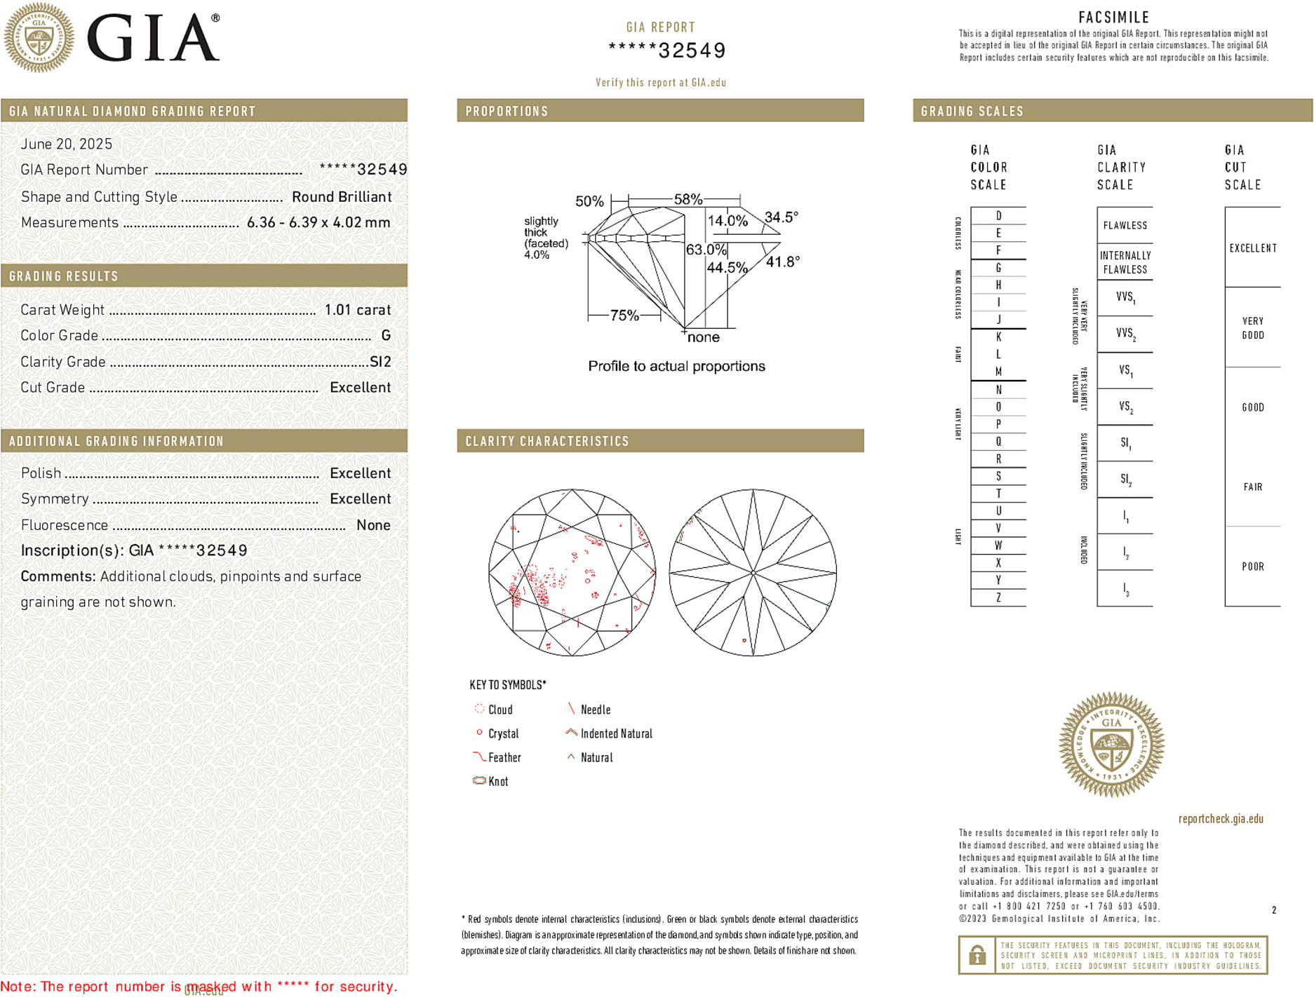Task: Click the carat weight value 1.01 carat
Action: click(x=357, y=310)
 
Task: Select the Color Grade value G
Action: click(x=386, y=336)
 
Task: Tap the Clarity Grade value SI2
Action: click(x=380, y=362)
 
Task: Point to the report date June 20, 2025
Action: click(x=67, y=144)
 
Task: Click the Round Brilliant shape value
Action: click(x=342, y=197)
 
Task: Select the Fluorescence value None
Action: click(x=373, y=525)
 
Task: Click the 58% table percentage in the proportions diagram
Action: click(x=688, y=199)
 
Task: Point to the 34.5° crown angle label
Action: click(x=782, y=217)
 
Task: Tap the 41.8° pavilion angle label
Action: click(x=783, y=262)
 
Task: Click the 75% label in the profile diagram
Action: click(x=624, y=316)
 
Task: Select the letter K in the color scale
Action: click(x=998, y=337)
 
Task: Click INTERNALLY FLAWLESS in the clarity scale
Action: click(x=1125, y=262)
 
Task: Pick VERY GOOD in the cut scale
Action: click(x=1253, y=328)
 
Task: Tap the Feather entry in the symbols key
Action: click(x=504, y=758)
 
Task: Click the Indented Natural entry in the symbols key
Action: click(x=616, y=734)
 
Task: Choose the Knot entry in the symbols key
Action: click(x=498, y=782)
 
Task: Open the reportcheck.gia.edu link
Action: click(x=1221, y=819)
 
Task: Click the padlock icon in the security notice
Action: click(x=977, y=955)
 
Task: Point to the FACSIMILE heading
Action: click(x=1113, y=18)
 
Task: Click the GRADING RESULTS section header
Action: click(x=64, y=276)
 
